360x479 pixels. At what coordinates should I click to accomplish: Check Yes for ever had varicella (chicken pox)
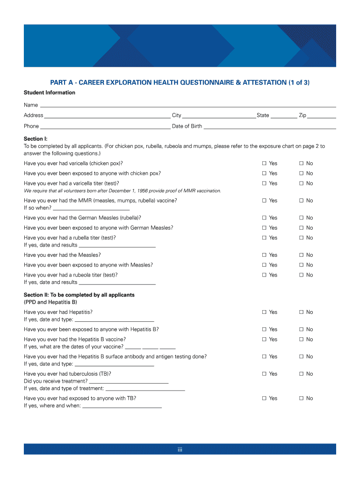click(264, 163)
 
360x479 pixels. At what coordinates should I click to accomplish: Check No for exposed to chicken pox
click(302, 174)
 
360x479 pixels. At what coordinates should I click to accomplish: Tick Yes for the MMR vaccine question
click(264, 201)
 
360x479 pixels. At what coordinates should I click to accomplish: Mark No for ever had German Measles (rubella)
click(302, 218)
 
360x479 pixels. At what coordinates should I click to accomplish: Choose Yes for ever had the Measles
click(264, 255)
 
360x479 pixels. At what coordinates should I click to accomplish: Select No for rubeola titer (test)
click(302, 275)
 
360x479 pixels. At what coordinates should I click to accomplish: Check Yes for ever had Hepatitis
click(264, 312)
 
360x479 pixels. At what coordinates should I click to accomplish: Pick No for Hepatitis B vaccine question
click(302, 340)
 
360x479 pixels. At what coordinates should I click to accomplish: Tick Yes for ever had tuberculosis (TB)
click(264, 374)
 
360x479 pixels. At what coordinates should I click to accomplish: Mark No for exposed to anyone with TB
click(302, 399)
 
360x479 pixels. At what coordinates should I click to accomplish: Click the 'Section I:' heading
click(36, 139)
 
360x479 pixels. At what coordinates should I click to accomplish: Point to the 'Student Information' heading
click(50, 93)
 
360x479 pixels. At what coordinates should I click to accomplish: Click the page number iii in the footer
click(180, 450)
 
